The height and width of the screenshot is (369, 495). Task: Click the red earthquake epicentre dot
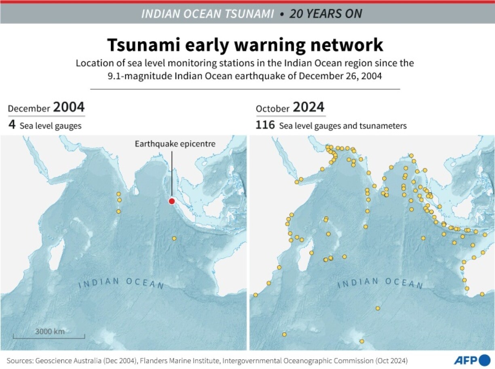pos(171,201)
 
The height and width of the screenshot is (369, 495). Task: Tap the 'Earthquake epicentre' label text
pos(175,144)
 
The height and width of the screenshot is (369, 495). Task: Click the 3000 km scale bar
pos(49,335)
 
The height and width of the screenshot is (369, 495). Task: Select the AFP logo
pos(472,359)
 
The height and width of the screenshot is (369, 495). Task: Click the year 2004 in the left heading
pos(69,108)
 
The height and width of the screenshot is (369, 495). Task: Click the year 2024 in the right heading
pos(309,108)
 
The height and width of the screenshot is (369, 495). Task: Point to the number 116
pos(265,125)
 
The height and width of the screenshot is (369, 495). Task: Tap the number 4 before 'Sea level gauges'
pos(12,125)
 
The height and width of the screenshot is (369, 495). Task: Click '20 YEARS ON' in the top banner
pos(326,14)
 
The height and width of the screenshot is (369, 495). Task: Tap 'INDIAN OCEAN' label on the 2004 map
pos(121,283)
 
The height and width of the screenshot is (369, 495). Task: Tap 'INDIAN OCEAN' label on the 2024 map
pos(380,283)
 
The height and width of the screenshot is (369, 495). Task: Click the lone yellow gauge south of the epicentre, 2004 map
pos(174,238)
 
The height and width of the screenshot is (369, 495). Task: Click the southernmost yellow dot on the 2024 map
pos(362,342)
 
